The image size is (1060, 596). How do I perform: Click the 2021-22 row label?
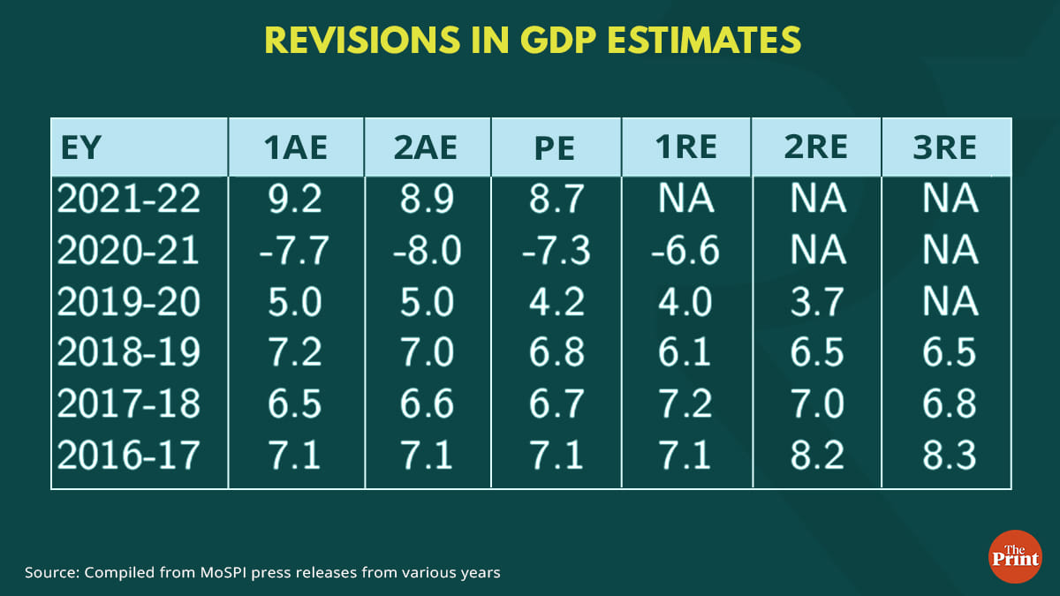coord(129,200)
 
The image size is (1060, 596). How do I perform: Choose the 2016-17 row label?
coord(129,456)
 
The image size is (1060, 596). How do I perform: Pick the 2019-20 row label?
coord(129,302)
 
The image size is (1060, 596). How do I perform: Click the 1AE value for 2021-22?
coord(296,200)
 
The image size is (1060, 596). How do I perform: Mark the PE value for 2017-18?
coord(554,404)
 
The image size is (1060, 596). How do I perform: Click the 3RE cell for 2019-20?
coord(950,302)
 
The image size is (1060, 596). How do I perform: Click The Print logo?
coord(1014,555)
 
